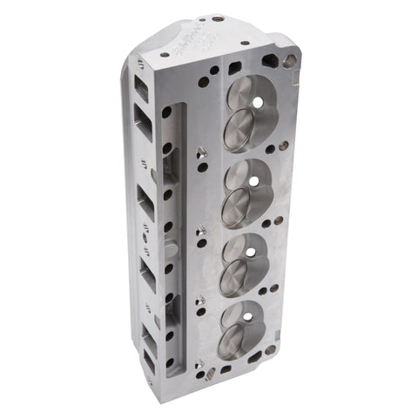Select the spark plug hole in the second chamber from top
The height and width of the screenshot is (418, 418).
click(254, 181)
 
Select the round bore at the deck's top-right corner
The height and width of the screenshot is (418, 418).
click(291, 61)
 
